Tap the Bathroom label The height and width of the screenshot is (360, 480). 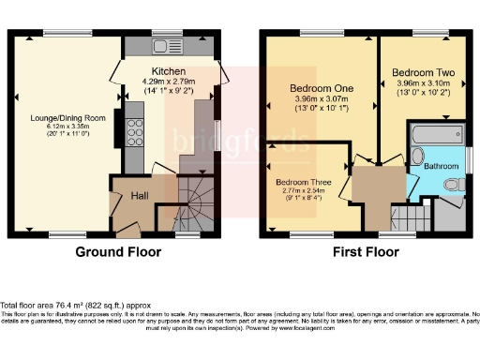pyautogui.click(x=441, y=166)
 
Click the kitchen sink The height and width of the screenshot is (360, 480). pyautogui.click(x=169, y=46)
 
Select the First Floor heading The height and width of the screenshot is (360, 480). pyautogui.click(x=364, y=251)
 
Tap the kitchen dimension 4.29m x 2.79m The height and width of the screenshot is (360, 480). pyautogui.click(x=169, y=82)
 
